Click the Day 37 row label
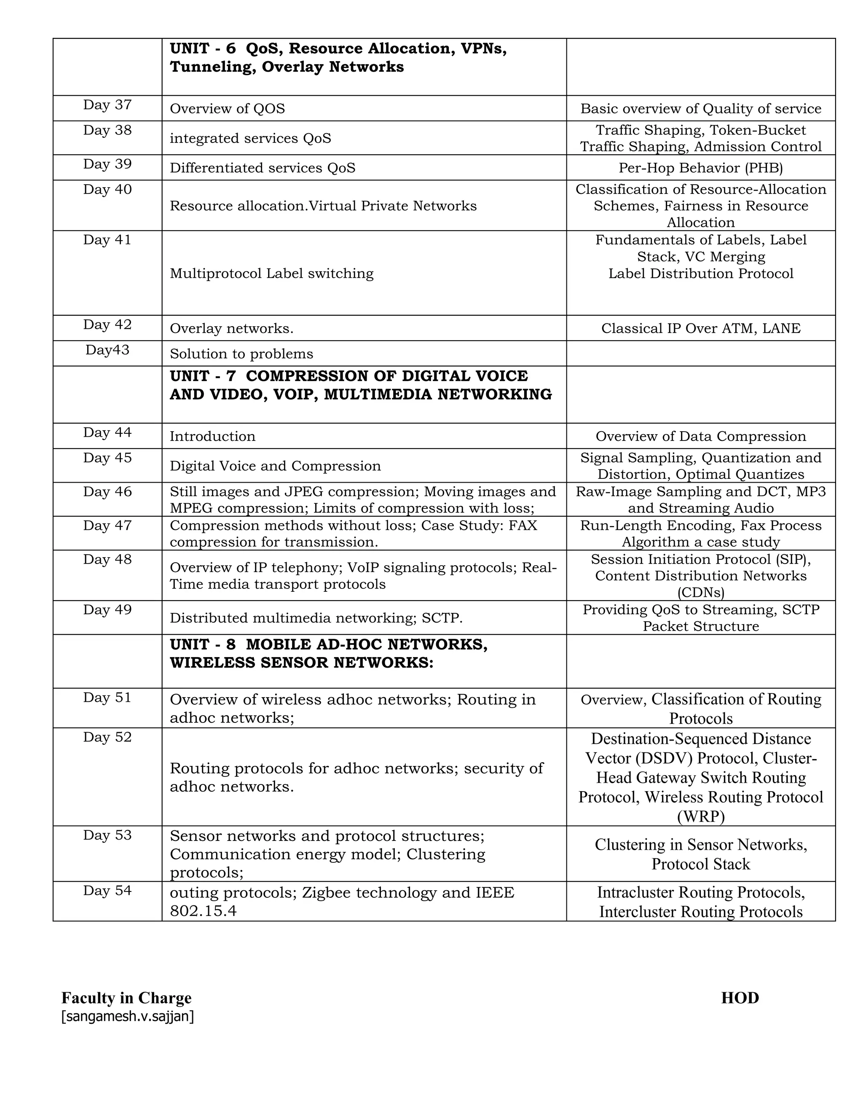(x=107, y=105)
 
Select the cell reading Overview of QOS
(x=227, y=108)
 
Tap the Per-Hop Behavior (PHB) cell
(x=700, y=168)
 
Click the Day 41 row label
(x=107, y=240)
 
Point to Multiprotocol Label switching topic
(x=271, y=273)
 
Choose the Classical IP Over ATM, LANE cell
(x=700, y=328)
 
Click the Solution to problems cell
(x=241, y=354)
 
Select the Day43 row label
(x=107, y=350)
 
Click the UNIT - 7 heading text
(x=360, y=385)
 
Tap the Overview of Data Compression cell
(x=700, y=436)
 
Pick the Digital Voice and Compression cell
(x=275, y=466)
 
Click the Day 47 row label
(x=107, y=525)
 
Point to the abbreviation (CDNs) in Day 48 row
(x=700, y=593)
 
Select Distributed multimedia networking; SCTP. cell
(x=316, y=618)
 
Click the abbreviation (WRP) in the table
(x=700, y=817)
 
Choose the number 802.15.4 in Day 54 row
(x=203, y=911)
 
